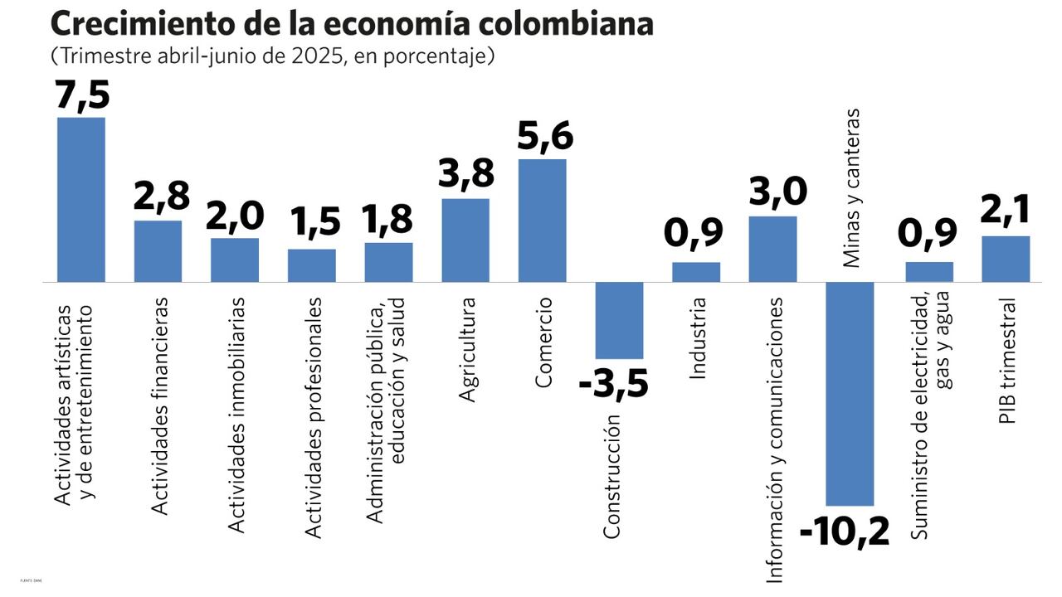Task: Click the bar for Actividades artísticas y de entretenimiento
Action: (80, 199)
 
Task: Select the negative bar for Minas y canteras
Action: (850, 394)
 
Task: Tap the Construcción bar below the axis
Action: (619, 320)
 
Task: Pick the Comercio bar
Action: (542, 221)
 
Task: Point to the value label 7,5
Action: (82, 94)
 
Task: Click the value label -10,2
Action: (845, 531)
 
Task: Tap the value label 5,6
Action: (544, 137)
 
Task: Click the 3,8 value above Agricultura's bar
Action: (465, 175)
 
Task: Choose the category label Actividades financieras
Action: (160, 406)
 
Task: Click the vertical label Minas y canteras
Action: (850, 188)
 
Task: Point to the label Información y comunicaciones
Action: (774, 439)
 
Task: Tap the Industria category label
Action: (698, 338)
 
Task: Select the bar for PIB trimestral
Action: (1006, 259)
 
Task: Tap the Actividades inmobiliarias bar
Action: (235, 260)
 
